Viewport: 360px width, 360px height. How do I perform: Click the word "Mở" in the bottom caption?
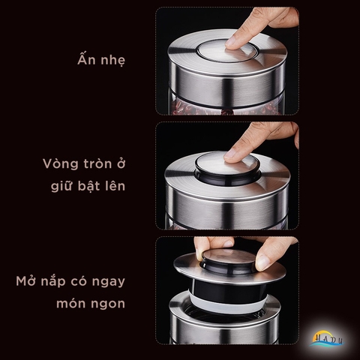(x=26, y=283)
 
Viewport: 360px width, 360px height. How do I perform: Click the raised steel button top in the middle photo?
(x=225, y=162)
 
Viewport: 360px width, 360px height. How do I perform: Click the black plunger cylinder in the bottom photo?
(x=225, y=288)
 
